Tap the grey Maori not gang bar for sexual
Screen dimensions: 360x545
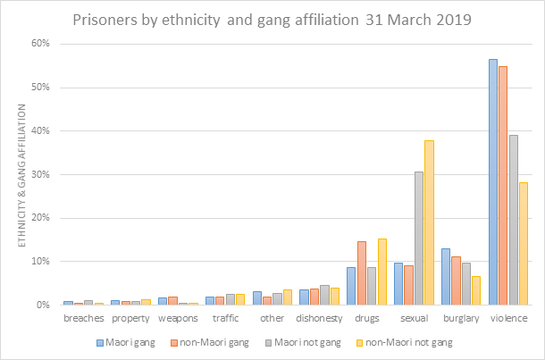click(x=419, y=238)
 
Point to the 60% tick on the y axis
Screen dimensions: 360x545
click(x=43, y=44)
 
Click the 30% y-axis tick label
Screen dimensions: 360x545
click(x=43, y=174)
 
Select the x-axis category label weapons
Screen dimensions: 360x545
click(x=177, y=318)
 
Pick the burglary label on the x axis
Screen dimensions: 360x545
click(x=461, y=318)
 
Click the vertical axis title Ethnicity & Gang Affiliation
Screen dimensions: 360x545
click(x=20, y=174)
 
